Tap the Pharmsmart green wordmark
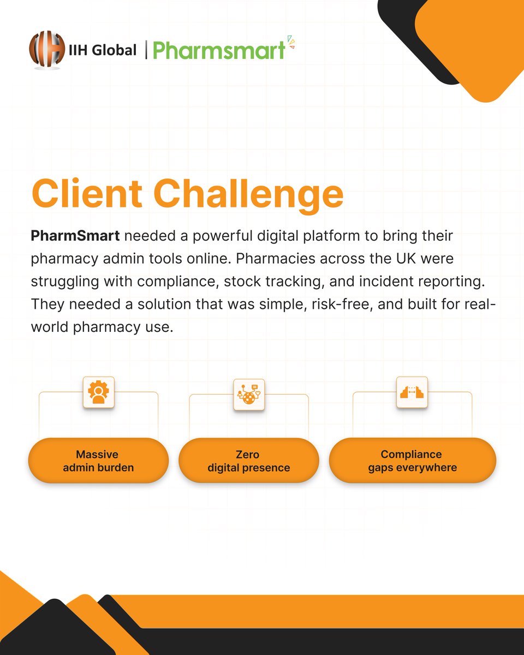[219, 50]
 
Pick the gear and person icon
[98, 392]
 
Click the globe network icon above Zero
[249, 395]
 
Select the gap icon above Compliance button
[412, 392]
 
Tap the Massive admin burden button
[98, 461]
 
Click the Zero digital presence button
[249, 461]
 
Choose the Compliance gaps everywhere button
[412, 461]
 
